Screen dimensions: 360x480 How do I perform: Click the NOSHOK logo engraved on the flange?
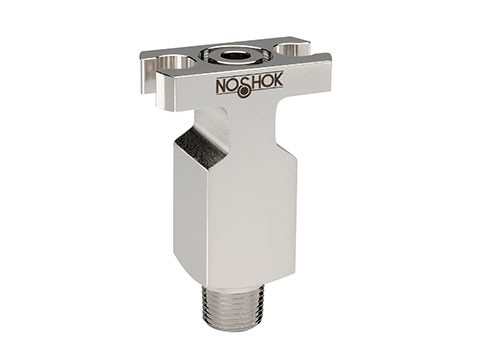[249, 86]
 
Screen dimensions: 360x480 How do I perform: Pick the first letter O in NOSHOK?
[235, 87]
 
